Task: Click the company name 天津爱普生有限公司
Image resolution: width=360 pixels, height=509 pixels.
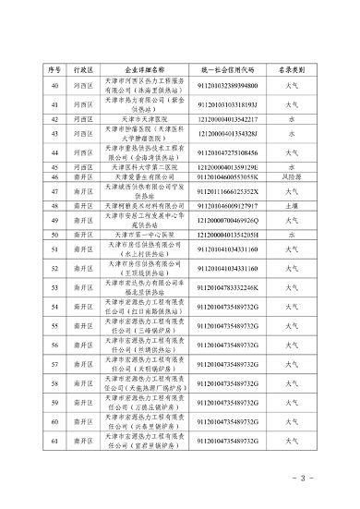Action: point(141,176)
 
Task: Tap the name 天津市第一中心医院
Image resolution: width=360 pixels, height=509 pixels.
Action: point(141,236)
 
